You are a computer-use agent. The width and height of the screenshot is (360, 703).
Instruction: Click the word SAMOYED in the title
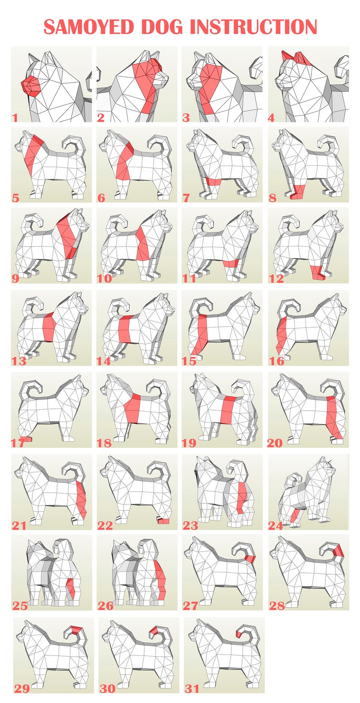(89, 27)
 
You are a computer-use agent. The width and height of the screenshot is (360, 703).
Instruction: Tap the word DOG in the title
(162, 27)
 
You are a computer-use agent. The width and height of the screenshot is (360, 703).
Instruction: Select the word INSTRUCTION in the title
(253, 27)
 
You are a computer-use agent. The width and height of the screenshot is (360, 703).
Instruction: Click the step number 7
(186, 198)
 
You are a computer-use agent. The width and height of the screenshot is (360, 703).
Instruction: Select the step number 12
(276, 278)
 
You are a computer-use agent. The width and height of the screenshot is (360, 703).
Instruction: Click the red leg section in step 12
(318, 272)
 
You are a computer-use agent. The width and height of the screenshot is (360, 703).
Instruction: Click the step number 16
(277, 361)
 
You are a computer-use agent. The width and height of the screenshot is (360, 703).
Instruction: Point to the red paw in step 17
(26, 439)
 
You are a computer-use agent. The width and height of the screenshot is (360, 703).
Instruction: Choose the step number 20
(275, 443)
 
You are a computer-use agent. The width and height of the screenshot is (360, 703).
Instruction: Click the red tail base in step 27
(250, 558)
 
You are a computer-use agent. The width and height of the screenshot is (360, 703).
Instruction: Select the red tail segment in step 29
(77, 629)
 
